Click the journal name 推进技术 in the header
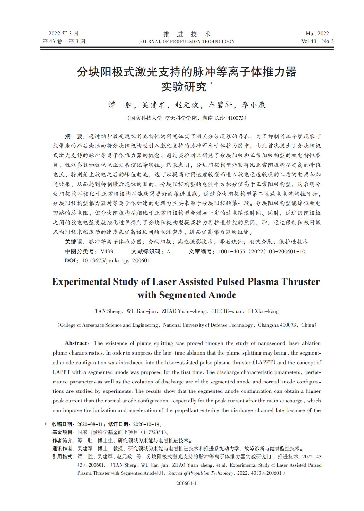pyautogui.click(x=187, y=34)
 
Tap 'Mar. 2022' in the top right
pyautogui.click(x=317, y=34)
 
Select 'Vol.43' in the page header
pyautogui.click(x=309, y=41)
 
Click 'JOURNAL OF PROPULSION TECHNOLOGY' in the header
pyautogui.click(x=187, y=41)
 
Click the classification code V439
pyautogui.click(x=107, y=251)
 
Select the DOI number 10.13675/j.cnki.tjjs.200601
pyautogui.click(x=116, y=260)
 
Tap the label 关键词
pyautogui.click(x=75, y=242)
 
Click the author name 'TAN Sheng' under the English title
pyautogui.click(x=108, y=311)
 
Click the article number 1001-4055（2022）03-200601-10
pyautogui.click(x=262, y=251)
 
